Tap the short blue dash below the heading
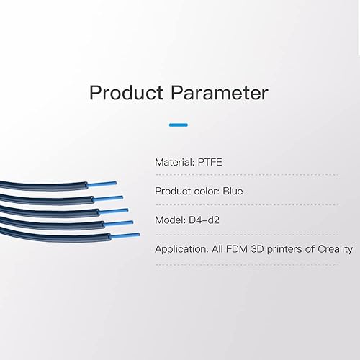(x=178, y=125)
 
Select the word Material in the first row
(x=174, y=163)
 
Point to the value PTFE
(x=210, y=163)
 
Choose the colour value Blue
(x=233, y=192)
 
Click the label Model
(x=169, y=220)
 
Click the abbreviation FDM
(x=241, y=249)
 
